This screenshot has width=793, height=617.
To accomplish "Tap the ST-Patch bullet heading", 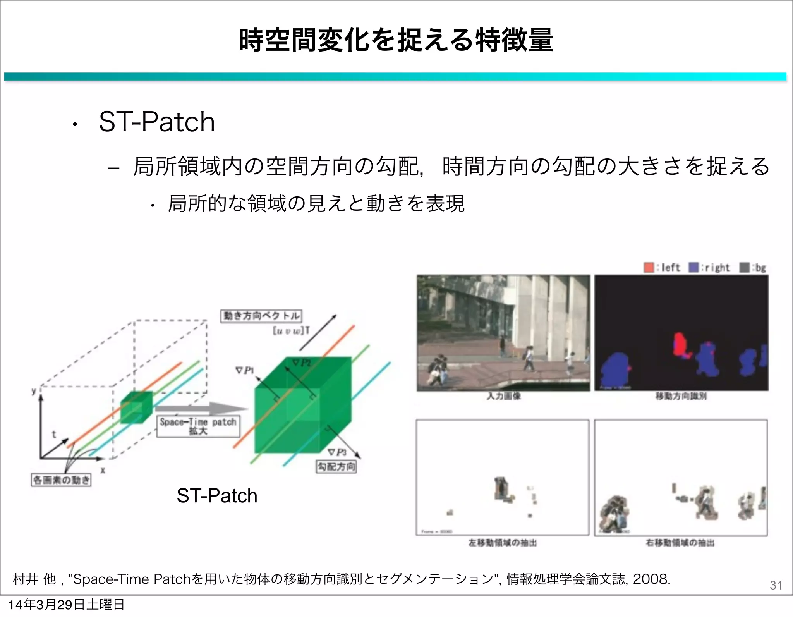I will pos(156,122).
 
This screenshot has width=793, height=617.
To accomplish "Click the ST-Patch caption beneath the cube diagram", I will pos(217,495).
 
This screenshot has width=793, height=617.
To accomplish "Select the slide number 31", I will pos(776,585).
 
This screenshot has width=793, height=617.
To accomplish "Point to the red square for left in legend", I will pos(649,267).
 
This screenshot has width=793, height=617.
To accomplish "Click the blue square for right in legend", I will pos(693,267).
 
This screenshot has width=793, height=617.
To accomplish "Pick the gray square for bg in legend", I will pos(744,267).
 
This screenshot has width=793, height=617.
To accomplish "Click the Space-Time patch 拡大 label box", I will pos(198,426).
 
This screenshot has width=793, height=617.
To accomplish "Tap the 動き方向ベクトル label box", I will pos(261,316).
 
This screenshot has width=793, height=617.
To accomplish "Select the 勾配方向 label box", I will pos(336,466).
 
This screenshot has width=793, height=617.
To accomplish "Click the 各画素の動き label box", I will pos(61,480).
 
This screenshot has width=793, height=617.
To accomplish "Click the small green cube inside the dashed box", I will pos(136,407).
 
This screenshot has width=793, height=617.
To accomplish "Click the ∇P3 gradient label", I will pos(337,452).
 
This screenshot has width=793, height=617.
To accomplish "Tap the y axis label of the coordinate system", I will pos(34,391).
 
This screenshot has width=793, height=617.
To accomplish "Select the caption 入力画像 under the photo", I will pos(503,396).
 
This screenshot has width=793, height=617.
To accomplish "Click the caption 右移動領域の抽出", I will pos(680,543).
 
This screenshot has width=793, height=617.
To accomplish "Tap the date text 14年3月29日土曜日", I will pos(66,605).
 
